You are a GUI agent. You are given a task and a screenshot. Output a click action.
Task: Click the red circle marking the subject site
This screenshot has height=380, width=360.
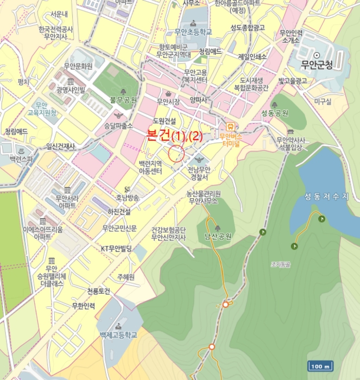coord(177,154)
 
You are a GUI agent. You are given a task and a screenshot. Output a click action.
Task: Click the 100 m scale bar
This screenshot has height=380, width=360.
coord(320,366)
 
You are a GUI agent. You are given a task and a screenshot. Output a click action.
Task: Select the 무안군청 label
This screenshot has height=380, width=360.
coord(319,65)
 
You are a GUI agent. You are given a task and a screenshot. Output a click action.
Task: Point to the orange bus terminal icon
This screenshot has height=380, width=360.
coord(231,124)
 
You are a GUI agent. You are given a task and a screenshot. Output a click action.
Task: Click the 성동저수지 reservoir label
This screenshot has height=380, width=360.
coord(326,197)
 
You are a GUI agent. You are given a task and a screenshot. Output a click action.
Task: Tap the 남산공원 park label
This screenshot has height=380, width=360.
coord(217,237)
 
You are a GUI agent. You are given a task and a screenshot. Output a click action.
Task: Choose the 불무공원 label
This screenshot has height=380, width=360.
coord(123,100)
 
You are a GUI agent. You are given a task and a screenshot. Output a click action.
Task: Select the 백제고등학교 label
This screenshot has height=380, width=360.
coord(118,335)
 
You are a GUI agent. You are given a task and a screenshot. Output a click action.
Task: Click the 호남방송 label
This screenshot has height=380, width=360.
coord(127,198)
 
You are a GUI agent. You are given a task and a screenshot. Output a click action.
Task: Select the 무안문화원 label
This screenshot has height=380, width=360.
coord(78,66)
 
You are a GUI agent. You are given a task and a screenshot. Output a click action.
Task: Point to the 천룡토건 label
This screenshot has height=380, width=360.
coord(98,292)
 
